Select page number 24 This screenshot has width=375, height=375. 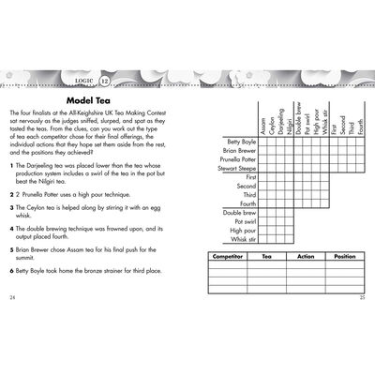(12, 297)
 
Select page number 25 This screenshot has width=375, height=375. (363, 297)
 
